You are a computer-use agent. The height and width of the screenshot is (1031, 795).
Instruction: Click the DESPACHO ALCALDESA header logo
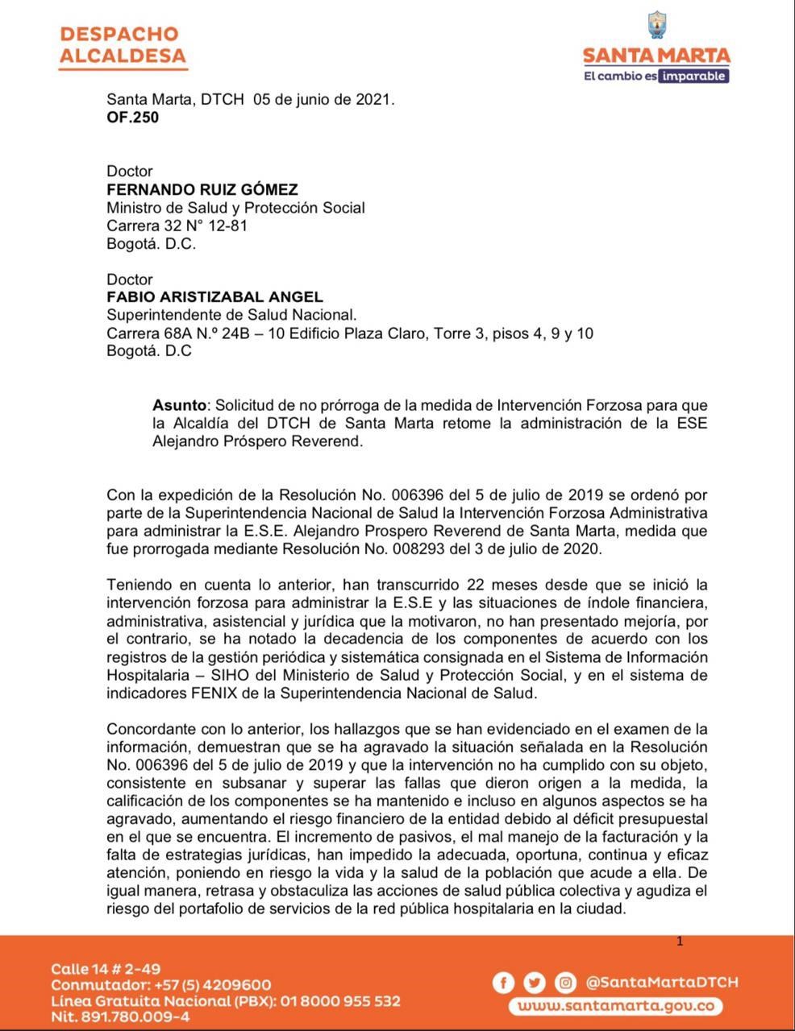point(122,45)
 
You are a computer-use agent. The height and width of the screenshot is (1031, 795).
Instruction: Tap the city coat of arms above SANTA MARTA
point(656,27)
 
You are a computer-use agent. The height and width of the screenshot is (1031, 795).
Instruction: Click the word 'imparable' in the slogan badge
point(694,77)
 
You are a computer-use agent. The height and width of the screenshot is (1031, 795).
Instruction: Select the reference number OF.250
point(133,118)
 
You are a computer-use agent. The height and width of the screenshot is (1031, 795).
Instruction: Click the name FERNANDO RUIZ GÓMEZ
point(202,190)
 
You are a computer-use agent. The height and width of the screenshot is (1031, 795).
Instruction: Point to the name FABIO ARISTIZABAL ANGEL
point(215,298)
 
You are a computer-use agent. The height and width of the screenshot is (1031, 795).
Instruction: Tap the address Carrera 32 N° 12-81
point(177,226)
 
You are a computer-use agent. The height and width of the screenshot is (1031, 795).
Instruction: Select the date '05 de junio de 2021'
point(323,100)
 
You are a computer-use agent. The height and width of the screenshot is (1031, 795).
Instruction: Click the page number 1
point(680,941)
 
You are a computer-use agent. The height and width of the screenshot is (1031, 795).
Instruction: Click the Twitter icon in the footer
point(535,983)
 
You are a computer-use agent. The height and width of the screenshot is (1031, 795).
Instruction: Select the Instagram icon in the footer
point(567,983)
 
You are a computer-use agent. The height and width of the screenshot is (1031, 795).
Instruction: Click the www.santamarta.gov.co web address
point(615,1006)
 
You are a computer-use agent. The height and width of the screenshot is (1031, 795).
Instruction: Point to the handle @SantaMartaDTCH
point(661,982)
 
